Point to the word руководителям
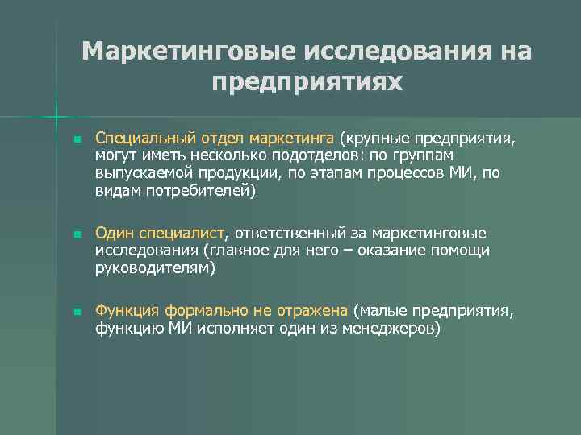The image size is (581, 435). click(155, 269)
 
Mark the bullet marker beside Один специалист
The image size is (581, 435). click(76, 235)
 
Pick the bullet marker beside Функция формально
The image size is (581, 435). click(76, 313)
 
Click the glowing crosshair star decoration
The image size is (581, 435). click(56, 118)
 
